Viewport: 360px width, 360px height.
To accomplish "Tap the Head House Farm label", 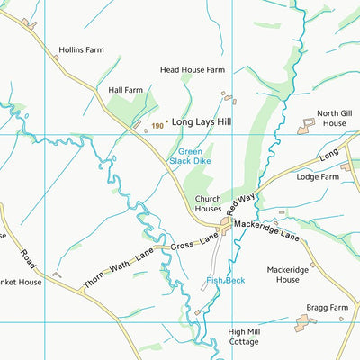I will coord(192,69).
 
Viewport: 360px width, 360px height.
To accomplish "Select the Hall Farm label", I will coord(126,90).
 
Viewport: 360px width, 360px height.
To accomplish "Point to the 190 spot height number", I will coord(157,125).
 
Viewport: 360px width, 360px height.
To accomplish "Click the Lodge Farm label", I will coord(318,177).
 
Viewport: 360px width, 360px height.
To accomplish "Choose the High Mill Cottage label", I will coord(243,336).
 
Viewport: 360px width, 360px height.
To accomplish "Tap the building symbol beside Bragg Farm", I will coord(301,323).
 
